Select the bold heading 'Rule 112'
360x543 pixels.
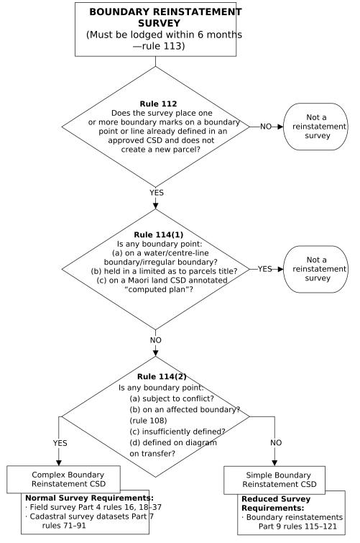pyautogui.click(x=155, y=103)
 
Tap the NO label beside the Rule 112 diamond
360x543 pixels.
pyautogui.click(x=266, y=126)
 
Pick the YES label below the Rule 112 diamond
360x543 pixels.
pyautogui.click(x=156, y=193)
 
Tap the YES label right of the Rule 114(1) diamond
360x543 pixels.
pyautogui.click(x=265, y=268)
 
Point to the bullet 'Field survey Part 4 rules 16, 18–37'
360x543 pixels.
pyautogui.click(x=86, y=506)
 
